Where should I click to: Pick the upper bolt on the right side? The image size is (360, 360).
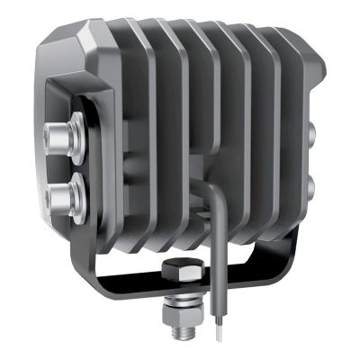(x=311, y=135)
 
